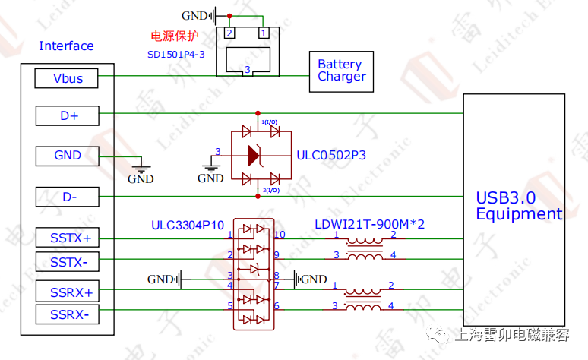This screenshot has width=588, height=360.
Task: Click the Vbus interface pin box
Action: coord(68,77)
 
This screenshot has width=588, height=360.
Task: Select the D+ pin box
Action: coord(68,115)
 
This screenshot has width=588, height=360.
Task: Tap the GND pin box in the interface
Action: coord(68,155)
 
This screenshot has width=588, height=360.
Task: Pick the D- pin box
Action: coord(68,197)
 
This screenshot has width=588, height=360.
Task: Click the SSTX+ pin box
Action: coord(68,238)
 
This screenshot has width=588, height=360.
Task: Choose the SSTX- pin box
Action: coord(68,261)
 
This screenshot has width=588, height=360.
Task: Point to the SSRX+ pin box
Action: coord(68,292)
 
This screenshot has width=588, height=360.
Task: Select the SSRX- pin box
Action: coord(68,314)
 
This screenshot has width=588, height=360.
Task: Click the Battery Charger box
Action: coord(341,71)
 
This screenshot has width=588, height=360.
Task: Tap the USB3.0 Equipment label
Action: coord(519,206)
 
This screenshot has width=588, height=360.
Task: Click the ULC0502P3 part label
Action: coord(331,155)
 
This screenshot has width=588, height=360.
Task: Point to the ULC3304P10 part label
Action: coord(187,225)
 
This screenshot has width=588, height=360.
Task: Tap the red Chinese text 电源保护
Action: coord(175,36)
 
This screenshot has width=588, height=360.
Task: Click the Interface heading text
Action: coord(66,46)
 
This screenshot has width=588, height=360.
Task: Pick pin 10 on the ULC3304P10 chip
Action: coord(279,235)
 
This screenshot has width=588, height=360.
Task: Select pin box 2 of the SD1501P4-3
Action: coord(228,33)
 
